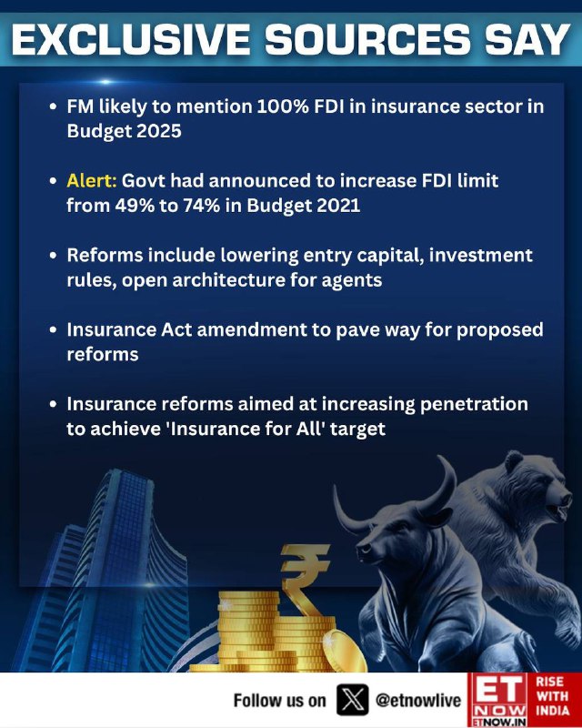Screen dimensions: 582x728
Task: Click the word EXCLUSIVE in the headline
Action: [x=130, y=39]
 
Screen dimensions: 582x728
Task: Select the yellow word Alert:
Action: [x=92, y=180]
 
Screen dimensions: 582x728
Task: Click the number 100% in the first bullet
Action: [x=283, y=106]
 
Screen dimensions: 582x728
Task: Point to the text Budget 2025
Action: [x=124, y=131]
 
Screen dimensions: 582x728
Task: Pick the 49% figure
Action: [x=135, y=205]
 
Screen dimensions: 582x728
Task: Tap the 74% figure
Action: [x=201, y=205]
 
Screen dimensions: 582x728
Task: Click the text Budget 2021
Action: [x=304, y=206]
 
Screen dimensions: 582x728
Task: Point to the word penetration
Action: [x=474, y=404]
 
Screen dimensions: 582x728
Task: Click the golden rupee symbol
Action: [x=304, y=577]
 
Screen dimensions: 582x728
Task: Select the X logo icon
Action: [x=352, y=700]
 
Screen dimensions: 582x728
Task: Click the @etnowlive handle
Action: [x=418, y=700]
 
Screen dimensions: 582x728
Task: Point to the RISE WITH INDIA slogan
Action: [x=553, y=695]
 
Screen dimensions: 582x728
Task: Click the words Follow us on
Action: [x=279, y=700]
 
